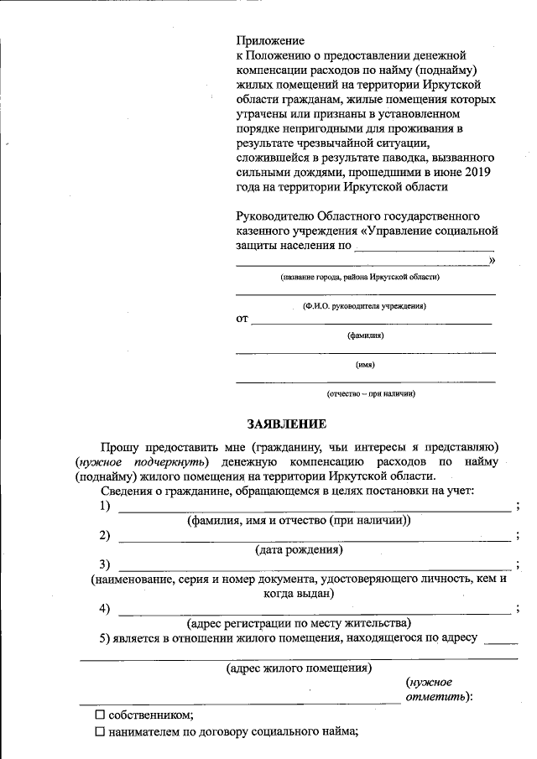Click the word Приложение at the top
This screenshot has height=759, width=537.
click(269, 39)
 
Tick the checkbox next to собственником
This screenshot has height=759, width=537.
click(100, 715)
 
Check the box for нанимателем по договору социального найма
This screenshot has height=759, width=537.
click(100, 732)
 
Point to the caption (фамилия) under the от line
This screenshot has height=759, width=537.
click(365, 335)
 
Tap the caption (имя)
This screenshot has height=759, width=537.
click(365, 365)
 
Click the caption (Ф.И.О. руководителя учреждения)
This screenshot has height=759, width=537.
click(364, 307)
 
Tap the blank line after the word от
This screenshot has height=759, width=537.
click(371, 322)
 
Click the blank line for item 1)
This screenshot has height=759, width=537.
click(314, 509)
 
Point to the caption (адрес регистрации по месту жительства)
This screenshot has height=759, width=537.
click(299, 623)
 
